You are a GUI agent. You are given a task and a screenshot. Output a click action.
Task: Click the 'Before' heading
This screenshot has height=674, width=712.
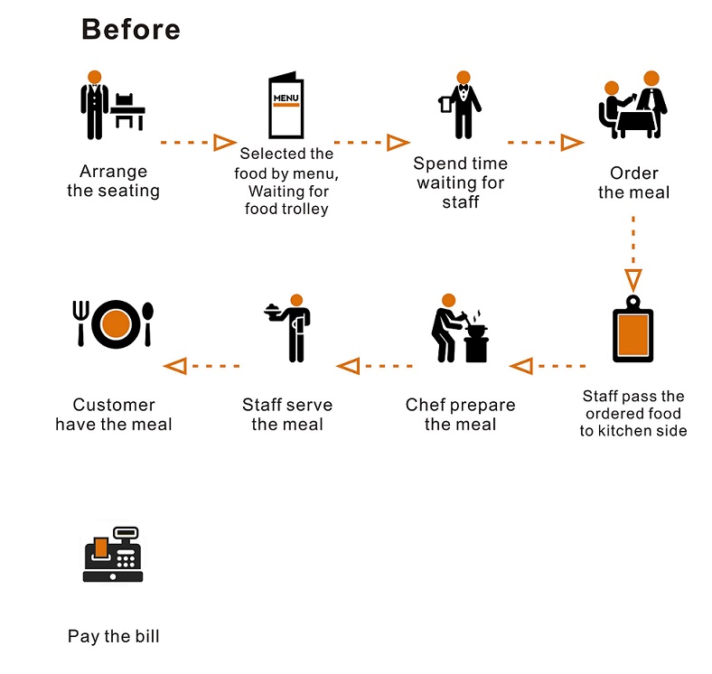(131, 29)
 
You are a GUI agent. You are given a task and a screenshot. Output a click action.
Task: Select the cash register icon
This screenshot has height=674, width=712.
(113, 556)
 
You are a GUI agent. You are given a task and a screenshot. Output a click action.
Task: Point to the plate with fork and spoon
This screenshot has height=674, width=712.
(113, 323)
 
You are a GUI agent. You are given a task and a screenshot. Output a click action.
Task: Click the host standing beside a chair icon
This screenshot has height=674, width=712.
(111, 105)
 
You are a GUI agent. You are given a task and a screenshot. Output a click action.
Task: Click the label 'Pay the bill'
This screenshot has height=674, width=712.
(113, 637)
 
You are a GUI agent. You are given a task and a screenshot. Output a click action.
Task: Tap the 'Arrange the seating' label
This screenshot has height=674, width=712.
(113, 181)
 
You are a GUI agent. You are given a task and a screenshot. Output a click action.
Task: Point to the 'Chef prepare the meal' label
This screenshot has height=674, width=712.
(460, 415)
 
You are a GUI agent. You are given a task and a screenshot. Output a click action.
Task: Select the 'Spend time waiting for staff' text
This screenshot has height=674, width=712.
(460, 183)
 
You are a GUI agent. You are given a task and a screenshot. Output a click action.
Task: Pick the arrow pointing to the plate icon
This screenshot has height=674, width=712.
(201, 366)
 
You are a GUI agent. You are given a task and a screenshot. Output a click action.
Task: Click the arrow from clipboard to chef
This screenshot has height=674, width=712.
(548, 366)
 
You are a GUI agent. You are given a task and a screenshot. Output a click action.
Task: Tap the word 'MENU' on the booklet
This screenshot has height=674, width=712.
(286, 97)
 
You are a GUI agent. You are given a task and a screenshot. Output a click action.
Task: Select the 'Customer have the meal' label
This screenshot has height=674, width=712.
(113, 415)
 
